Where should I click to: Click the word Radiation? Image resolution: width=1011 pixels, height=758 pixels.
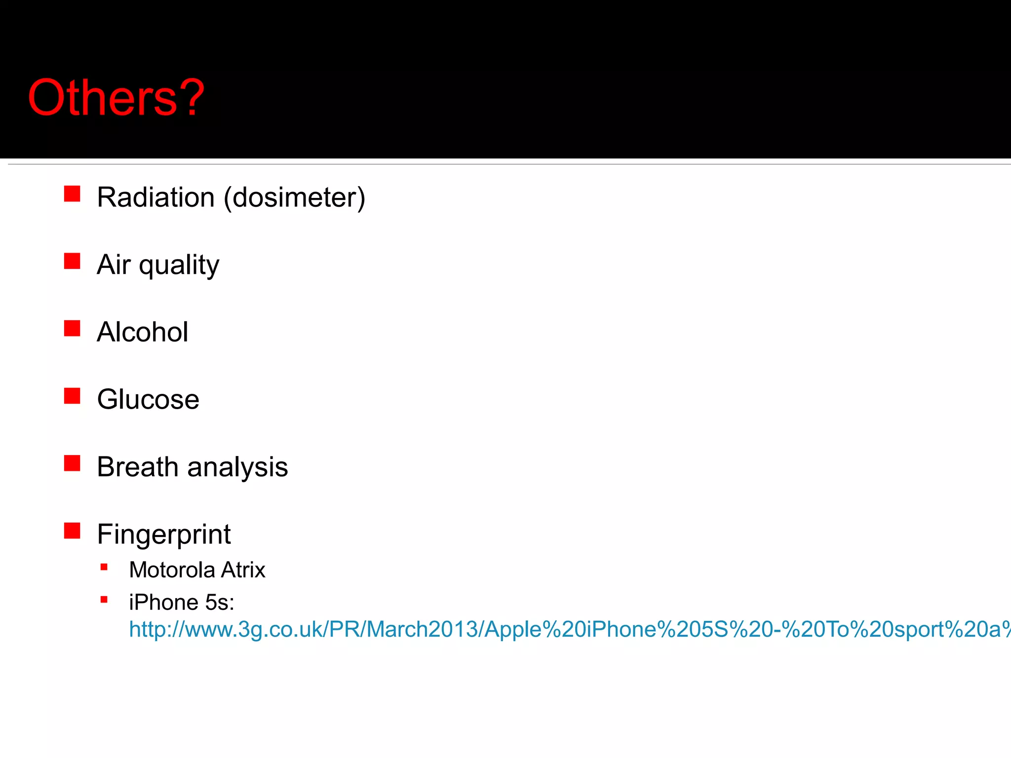point(156,197)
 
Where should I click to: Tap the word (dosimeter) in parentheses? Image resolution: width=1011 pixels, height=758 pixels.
point(294,197)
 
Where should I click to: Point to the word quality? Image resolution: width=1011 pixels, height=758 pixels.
point(179,265)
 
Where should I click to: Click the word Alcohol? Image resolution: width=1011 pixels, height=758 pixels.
point(142,332)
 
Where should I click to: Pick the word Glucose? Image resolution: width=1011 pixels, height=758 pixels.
point(148,399)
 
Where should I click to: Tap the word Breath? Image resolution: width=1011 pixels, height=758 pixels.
point(137,467)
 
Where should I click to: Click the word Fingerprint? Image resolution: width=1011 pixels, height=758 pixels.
point(164,534)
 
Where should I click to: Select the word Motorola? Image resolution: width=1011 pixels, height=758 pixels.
point(172,570)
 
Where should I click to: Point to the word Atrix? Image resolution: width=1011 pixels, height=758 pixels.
point(243,570)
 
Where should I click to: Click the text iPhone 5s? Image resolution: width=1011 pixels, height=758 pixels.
point(182,603)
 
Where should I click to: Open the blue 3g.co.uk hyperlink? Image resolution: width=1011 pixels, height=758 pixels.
point(568,630)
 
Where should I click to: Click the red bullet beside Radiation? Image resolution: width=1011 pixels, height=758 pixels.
point(72,194)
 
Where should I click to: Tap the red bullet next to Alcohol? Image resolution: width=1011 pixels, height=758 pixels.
point(72,328)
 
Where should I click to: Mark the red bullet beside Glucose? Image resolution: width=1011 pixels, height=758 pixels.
point(72,396)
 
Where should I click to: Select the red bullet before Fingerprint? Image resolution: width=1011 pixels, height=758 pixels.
point(72,531)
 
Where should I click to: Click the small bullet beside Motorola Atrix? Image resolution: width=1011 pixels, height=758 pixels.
point(104,568)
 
